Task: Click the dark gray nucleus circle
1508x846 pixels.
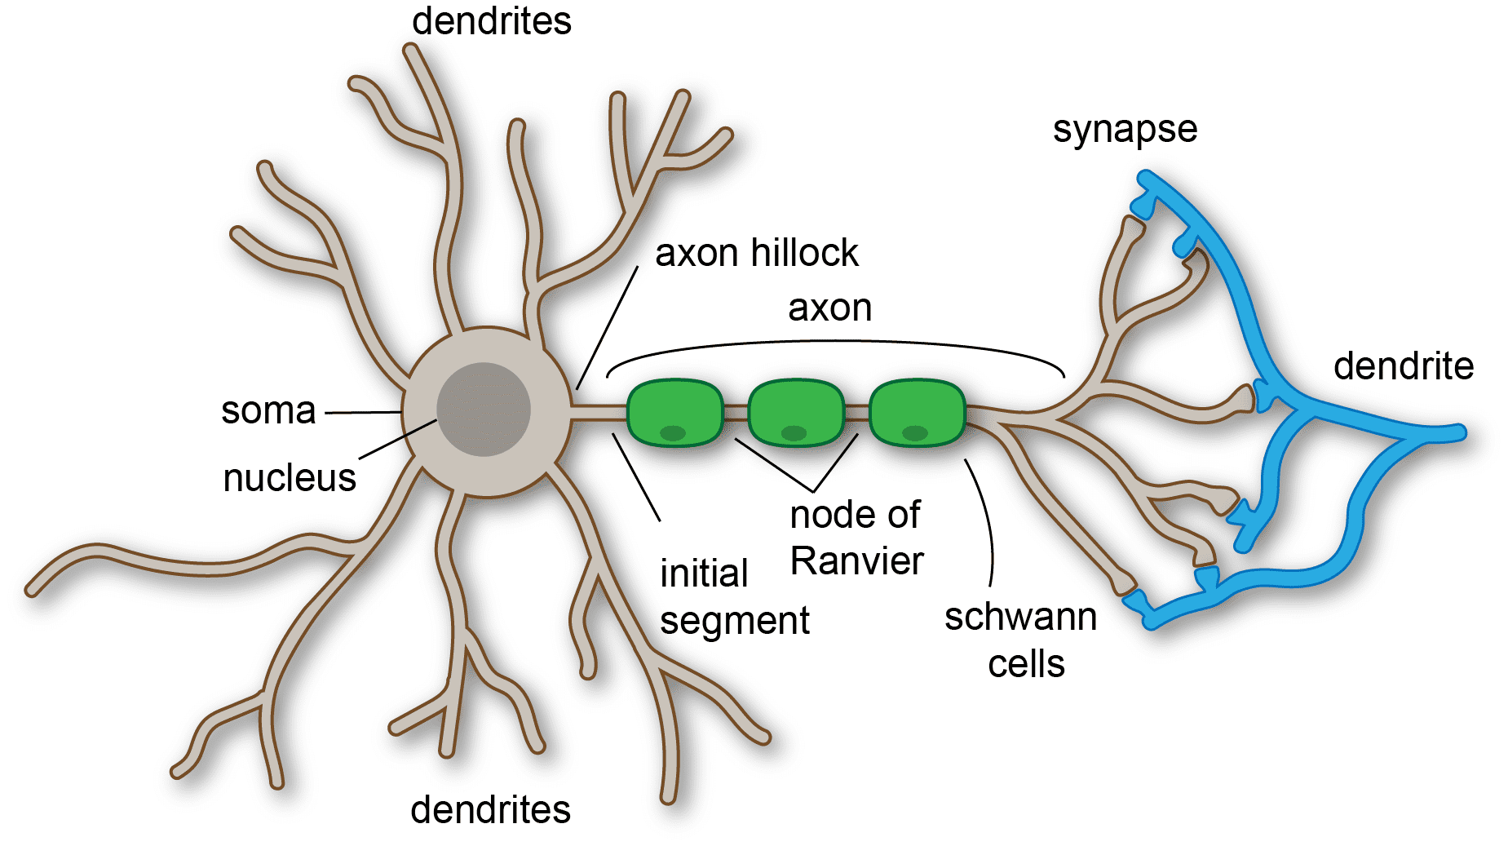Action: pos(484,410)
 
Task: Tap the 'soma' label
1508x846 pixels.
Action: pos(268,410)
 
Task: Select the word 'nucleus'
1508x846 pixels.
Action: pos(290,478)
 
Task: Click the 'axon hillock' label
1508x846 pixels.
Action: pos(756,253)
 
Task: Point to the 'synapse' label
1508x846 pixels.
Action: pos(1125,130)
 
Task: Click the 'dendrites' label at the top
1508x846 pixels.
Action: pos(491,21)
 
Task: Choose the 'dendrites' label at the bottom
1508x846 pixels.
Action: pos(490,810)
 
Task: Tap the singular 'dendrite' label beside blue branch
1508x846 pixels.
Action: pos(1403,366)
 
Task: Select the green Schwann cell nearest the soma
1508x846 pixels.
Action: pos(674,412)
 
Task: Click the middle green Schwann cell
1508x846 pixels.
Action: pos(795,412)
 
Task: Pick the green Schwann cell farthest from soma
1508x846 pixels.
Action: pos(917,412)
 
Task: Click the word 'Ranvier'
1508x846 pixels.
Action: pos(856,561)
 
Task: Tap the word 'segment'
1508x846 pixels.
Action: pos(734,621)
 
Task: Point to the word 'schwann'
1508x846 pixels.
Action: pos(1020,618)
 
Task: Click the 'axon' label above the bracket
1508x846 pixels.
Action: pos(829,308)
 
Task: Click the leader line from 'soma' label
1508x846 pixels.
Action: pos(363,413)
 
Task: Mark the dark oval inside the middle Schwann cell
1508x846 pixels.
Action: pos(794,433)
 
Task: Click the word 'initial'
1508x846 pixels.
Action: pos(704,574)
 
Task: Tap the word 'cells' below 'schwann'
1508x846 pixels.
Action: pos(1026,664)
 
